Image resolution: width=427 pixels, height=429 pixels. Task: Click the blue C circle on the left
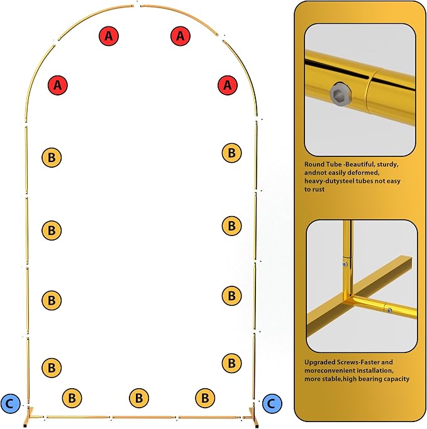11,403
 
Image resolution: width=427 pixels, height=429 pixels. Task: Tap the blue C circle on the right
272,403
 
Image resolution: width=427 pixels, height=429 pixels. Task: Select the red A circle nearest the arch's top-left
109,36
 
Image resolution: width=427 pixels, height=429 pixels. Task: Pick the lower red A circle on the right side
228,85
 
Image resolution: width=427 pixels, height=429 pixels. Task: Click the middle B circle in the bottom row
139,398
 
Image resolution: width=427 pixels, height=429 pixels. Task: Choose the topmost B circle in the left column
52,158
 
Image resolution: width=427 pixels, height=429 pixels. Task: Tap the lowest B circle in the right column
231,363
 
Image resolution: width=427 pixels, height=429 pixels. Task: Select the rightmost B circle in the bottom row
205,398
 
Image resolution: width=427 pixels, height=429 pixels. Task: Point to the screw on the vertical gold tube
345,264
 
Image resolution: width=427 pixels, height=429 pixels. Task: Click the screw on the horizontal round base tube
389,310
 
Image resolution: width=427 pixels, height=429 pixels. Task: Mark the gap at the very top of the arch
137,6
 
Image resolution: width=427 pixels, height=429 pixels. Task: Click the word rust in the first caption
318,189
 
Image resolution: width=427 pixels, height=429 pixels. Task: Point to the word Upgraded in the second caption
320,363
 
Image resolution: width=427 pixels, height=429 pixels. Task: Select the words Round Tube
323,165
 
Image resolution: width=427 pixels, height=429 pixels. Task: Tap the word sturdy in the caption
387,165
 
